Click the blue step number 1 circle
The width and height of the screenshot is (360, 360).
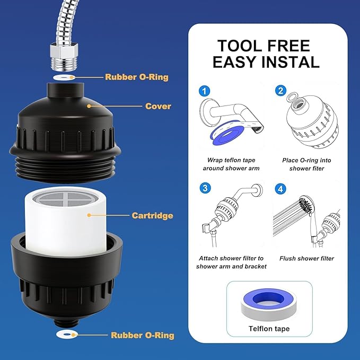point(204,91)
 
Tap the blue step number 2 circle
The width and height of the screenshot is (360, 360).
point(280,91)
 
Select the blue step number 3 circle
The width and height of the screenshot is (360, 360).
point(205,188)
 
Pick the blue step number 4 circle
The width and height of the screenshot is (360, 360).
point(280,189)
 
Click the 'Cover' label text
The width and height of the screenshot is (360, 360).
point(158,106)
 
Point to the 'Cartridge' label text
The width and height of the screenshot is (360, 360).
point(152,215)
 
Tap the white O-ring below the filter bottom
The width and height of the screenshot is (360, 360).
point(67,334)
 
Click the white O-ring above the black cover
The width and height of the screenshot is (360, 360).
point(65,77)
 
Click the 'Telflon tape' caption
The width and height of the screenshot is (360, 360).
point(269,329)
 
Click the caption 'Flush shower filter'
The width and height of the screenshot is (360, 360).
point(306,258)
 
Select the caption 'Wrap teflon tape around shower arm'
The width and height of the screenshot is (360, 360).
point(231,164)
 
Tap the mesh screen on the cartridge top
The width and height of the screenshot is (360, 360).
point(65,199)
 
